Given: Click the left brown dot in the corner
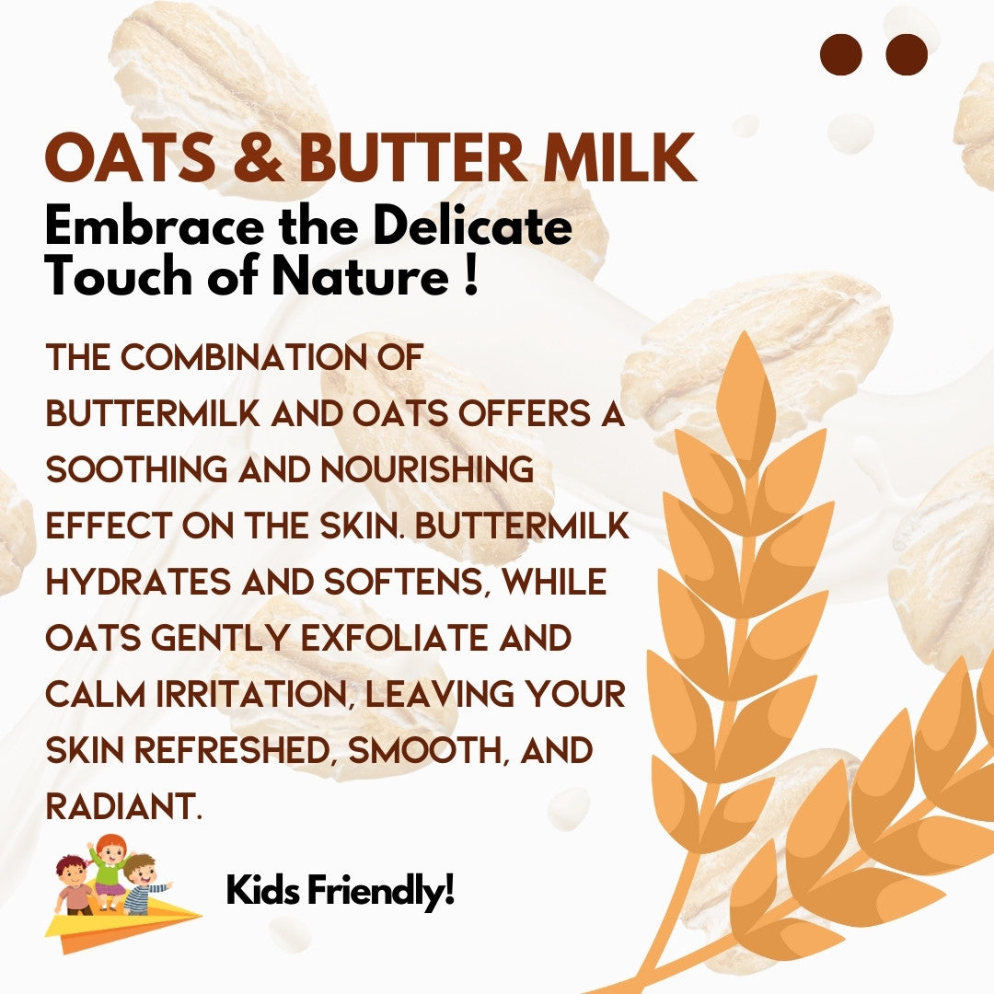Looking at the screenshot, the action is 840,54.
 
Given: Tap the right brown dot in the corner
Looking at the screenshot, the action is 907,54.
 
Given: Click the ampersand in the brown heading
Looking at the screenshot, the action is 258,158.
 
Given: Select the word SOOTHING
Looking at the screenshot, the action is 136,469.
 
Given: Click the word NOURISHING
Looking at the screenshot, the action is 427,469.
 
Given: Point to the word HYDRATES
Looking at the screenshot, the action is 138,582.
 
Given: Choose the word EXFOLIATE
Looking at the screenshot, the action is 394,638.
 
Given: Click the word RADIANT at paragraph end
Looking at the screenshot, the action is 124,806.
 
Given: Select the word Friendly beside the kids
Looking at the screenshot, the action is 381,891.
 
